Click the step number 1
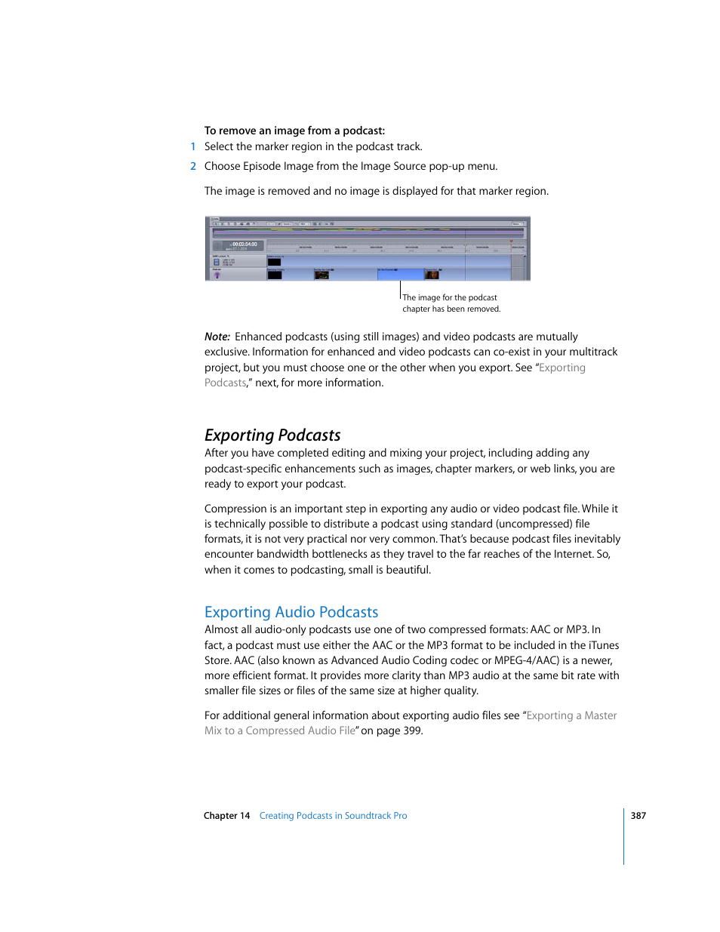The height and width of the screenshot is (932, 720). click(193, 147)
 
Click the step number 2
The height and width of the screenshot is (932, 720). click(193, 167)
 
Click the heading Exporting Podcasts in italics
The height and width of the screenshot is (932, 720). click(272, 435)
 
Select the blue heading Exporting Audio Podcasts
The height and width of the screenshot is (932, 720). click(291, 612)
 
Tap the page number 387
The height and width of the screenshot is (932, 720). click(638, 816)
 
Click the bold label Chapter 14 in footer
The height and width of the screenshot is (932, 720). click(226, 816)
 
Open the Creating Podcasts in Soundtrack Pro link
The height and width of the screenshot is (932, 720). click(333, 816)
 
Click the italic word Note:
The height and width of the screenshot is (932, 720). click(217, 337)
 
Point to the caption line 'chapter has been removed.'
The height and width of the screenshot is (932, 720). click(451, 309)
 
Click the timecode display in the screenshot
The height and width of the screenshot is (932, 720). click(244, 245)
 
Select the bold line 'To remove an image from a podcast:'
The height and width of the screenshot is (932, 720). click(294, 131)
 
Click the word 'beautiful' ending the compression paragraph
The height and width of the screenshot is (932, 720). click(407, 570)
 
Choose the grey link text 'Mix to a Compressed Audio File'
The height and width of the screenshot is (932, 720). click(280, 731)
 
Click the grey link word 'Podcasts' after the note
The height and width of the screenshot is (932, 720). click(225, 383)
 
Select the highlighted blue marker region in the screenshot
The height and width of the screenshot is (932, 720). click(400, 273)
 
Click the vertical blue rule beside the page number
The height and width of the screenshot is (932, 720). click(624, 836)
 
